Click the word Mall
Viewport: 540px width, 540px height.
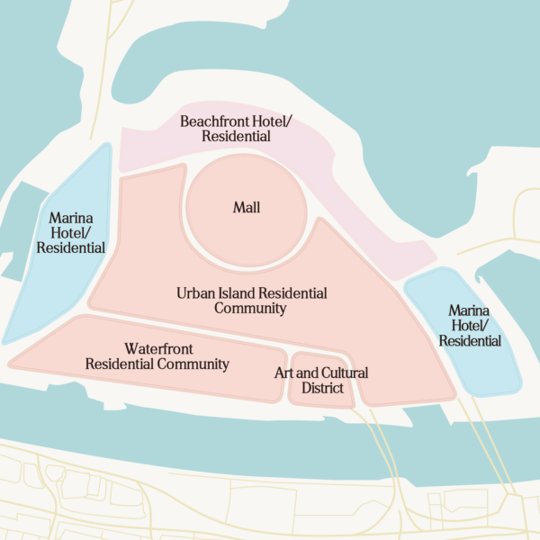pyautogui.click(x=246, y=208)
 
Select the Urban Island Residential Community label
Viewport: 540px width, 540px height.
pyautogui.click(x=251, y=301)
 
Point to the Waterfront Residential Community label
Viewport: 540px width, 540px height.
pyautogui.click(x=157, y=356)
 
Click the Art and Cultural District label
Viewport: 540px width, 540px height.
pyautogui.click(x=321, y=381)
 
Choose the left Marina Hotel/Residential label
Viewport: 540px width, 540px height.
pyautogui.click(x=76, y=232)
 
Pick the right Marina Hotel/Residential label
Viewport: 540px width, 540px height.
pyautogui.click(x=470, y=325)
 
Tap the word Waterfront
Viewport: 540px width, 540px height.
pyautogui.click(x=158, y=348)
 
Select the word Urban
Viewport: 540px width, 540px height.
pyautogui.click(x=194, y=293)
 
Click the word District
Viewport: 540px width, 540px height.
pyautogui.click(x=322, y=389)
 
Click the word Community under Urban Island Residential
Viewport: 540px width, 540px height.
pyautogui.click(x=250, y=309)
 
